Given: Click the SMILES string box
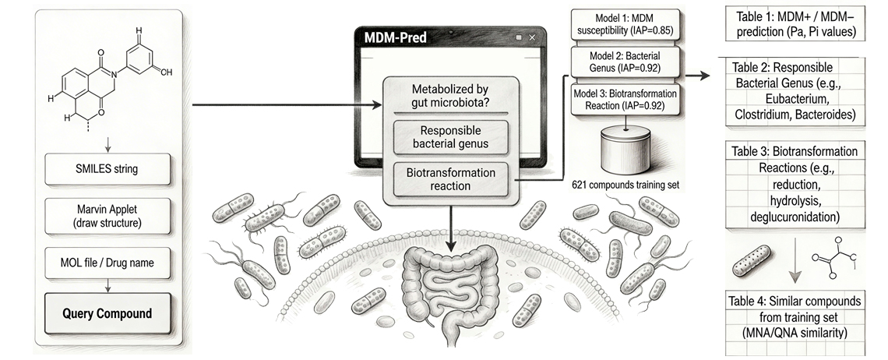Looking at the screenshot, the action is point(107,169).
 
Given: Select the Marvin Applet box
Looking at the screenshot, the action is point(107,216).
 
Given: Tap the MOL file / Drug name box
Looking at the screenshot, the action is point(107,263).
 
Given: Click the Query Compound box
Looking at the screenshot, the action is point(107,313).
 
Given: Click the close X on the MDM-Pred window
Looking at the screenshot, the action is point(532,37).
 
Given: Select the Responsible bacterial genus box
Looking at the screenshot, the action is point(450,137).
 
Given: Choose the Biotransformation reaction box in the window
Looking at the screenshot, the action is point(450,179).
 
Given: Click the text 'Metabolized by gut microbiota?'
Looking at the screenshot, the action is point(450,96).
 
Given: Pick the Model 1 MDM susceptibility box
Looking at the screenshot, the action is point(625,24).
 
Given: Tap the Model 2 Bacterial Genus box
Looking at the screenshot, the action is point(625,62).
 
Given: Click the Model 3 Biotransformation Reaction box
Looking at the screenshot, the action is point(625,100).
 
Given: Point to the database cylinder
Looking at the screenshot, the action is point(625,150).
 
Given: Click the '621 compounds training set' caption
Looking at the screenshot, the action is point(625,184).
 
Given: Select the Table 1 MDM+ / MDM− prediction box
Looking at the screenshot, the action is point(795,25).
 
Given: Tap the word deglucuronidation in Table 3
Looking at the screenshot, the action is point(795,217).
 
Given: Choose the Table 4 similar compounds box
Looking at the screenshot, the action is point(795,316).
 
